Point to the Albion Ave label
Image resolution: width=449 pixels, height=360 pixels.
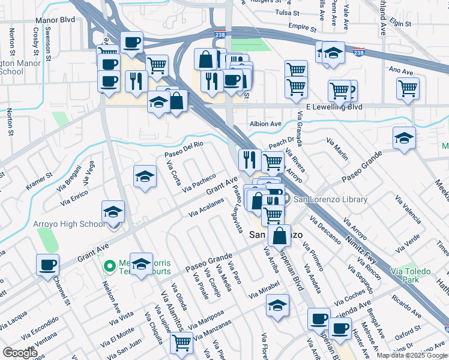pos(265,124)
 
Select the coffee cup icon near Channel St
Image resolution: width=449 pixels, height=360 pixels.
pos(47,265)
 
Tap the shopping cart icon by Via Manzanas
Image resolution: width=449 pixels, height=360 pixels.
pos(181,343)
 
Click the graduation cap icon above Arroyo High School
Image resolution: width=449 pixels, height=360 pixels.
pos(113,212)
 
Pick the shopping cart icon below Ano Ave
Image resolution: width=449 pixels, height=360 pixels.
pos(408,88)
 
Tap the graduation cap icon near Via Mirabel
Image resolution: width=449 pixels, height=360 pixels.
pos(277,305)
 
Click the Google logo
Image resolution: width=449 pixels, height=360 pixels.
pos(20,353)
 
